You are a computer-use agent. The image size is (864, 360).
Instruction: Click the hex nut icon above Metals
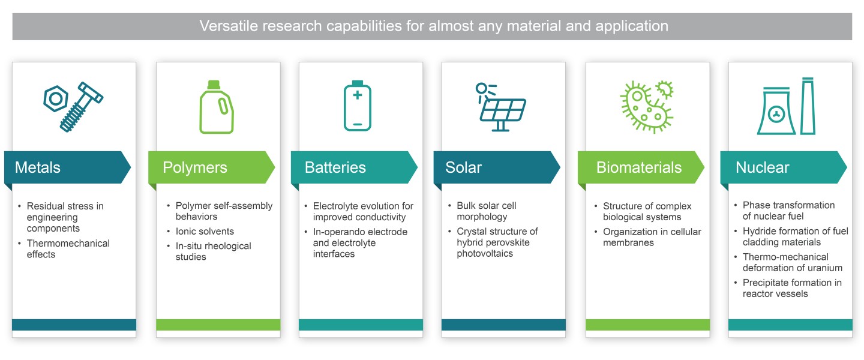click(56, 98)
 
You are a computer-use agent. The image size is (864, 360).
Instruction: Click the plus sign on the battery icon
click(358, 95)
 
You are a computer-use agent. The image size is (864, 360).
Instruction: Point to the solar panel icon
click(501, 107)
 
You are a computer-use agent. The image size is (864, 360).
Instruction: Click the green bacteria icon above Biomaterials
click(646, 107)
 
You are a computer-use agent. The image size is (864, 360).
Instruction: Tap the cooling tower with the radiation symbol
click(776, 111)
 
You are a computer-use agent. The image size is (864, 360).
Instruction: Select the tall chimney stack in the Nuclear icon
click(808, 106)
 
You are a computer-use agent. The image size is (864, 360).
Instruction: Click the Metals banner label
click(37, 167)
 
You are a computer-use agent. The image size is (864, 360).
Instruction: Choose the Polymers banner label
click(195, 168)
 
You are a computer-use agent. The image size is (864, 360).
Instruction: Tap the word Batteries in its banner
click(335, 167)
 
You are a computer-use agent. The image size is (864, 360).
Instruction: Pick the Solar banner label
click(463, 167)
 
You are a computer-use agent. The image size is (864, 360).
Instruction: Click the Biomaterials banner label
click(639, 167)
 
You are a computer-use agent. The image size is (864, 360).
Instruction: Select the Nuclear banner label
click(762, 167)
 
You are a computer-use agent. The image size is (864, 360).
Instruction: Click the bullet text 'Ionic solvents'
click(205, 231)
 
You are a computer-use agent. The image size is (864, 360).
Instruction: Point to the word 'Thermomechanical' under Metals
click(68, 243)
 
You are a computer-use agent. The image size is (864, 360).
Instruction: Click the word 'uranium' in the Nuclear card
click(826, 268)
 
